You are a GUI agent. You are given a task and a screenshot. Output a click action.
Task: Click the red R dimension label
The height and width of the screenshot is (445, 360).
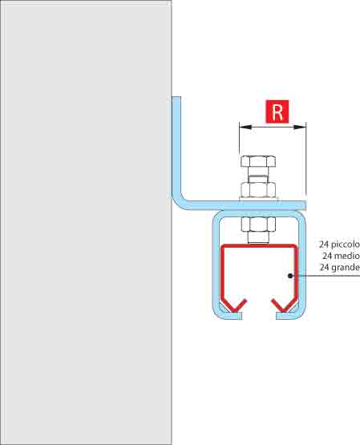[x=277, y=111]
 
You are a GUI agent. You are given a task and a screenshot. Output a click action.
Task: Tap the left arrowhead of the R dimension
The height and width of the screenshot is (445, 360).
[x=245, y=127]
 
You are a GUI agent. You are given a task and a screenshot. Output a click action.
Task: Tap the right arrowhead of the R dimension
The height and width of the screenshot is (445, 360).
[x=300, y=127]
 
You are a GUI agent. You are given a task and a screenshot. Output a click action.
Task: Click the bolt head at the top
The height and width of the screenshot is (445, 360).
[x=258, y=161]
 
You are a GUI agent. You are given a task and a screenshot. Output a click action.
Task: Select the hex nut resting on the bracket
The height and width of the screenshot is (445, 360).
[x=258, y=189]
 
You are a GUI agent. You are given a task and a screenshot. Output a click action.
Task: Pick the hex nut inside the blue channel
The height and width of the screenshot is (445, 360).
[x=258, y=225]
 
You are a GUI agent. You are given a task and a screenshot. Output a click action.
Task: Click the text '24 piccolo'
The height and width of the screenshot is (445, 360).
[x=339, y=245]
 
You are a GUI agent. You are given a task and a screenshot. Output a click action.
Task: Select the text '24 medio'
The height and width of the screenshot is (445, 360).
[x=341, y=256]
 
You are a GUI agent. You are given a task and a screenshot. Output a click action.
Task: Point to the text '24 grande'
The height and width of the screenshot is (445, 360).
[x=340, y=267]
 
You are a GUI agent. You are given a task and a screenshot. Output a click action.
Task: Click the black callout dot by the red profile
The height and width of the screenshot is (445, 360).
[x=289, y=276]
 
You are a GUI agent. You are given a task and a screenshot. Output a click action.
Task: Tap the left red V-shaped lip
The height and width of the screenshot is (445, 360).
[x=234, y=306]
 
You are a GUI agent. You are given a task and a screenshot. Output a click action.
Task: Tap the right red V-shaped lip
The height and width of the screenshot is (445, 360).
[x=284, y=306]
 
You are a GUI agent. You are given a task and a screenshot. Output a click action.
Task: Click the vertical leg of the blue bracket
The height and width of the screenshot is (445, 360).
[x=176, y=145]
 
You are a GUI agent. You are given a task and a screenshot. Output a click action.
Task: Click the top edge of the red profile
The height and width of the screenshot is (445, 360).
[x=259, y=246]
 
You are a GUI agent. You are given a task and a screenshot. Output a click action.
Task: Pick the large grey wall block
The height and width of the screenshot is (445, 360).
[x=86, y=223]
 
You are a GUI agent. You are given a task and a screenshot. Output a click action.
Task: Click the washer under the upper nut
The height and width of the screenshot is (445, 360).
[x=258, y=199]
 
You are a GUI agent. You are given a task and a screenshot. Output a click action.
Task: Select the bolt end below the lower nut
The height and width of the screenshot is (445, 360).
[x=258, y=238]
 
